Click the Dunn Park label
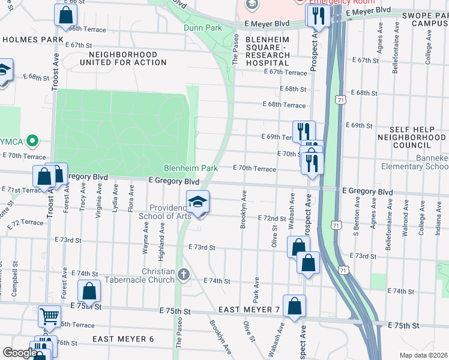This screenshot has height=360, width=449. (x=203, y=28)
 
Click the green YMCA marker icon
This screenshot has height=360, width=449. (x=34, y=142)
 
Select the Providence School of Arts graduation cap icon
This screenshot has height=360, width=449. (x=197, y=203)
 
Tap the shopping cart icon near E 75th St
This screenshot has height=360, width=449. (x=49, y=315)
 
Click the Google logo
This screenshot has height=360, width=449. (x=19, y=353)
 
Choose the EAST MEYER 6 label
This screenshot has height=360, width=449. (x=124, y=339)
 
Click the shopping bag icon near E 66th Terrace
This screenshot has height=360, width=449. (x=66, y=15)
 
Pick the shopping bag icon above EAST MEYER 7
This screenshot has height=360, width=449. (x=294, y=306)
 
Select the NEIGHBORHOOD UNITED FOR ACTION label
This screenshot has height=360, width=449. (x=114, y=58)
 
